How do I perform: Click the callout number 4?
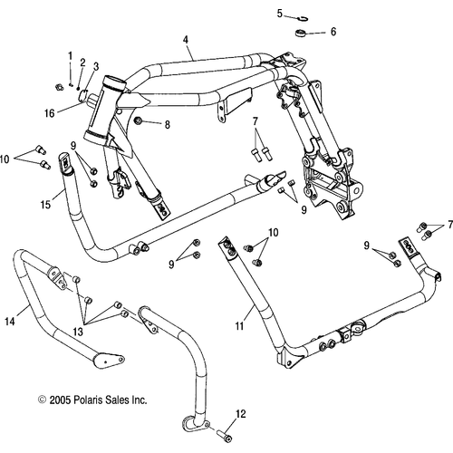[186, 40]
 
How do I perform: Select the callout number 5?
[280, 14]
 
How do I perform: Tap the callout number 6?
[333, 32]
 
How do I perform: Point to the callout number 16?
[50, 113]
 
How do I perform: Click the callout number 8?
[168, 124]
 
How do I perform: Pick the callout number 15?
[45, 205]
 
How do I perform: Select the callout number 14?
[10, 322]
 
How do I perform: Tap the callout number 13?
[78, 332]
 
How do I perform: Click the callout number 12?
[241, 414]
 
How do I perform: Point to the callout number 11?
[239, 326]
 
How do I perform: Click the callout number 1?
[71, 56]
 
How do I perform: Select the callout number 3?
[96, 67]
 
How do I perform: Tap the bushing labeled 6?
[301, 33]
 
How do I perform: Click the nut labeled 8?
[139, 121]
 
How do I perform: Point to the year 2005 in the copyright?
[60, 400]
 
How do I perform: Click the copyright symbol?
[42, 400]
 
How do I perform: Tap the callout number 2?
[82, 63]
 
